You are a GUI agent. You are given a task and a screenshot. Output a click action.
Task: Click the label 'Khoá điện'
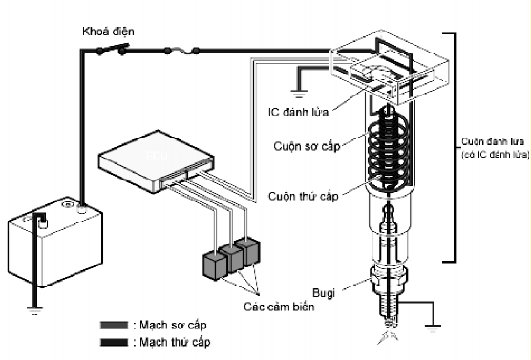pyautogui.click(x=107, y=32)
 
